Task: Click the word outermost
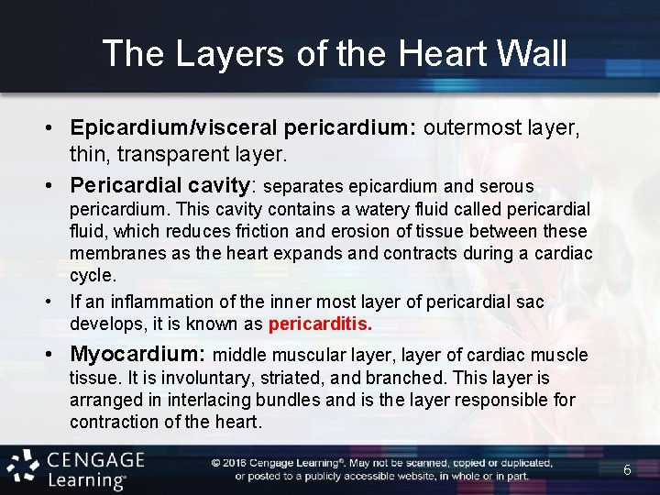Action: [x=469, y=127]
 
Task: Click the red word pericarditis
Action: [x=320, y=324]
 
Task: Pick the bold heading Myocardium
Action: [x=137, y=354]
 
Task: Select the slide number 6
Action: [x=627, y=469]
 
